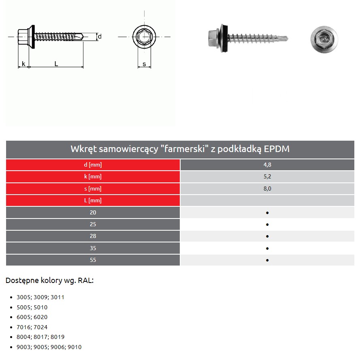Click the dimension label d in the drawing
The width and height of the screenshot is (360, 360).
pyautogui.click(x=100, y=36)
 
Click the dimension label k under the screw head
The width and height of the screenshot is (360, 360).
pyautogui.click(x=23, y=63)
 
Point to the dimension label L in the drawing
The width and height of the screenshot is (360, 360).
pyautogui.click(x=56, y=63)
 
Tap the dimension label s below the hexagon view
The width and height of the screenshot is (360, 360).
pyautogui.click(x=144, y=64)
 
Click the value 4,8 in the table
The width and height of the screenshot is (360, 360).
pyautogui.click(x=267, y=165)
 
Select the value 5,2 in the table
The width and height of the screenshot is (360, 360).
pyautogui.click(x=267, y=177)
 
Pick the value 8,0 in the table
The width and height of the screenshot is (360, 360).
pyautogui.click(x=267, y=189)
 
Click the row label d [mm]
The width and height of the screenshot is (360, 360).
pyautogui.click(x=93, y=165)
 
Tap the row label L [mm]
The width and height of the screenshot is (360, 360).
pyautogui.click(x=93, y=200)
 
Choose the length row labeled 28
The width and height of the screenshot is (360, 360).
pyautogui.click(x=93, y=236)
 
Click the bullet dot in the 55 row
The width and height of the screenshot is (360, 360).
pyautogui.click(x=268, y=260)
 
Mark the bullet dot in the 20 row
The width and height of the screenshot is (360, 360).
pyautogui.click(x=268, y=212)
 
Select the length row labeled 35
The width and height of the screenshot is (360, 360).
pyautogui.click(x=93, y=248)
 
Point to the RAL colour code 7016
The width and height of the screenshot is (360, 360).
pyautogui.click(x=23, y=327)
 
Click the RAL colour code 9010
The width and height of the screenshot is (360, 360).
pyautogui.click(x=75, y=347)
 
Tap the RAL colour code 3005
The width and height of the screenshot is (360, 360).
pyautogui.click(x=23, y=297)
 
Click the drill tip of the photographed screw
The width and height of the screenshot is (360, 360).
pyautogui.click(x=286, y=39)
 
